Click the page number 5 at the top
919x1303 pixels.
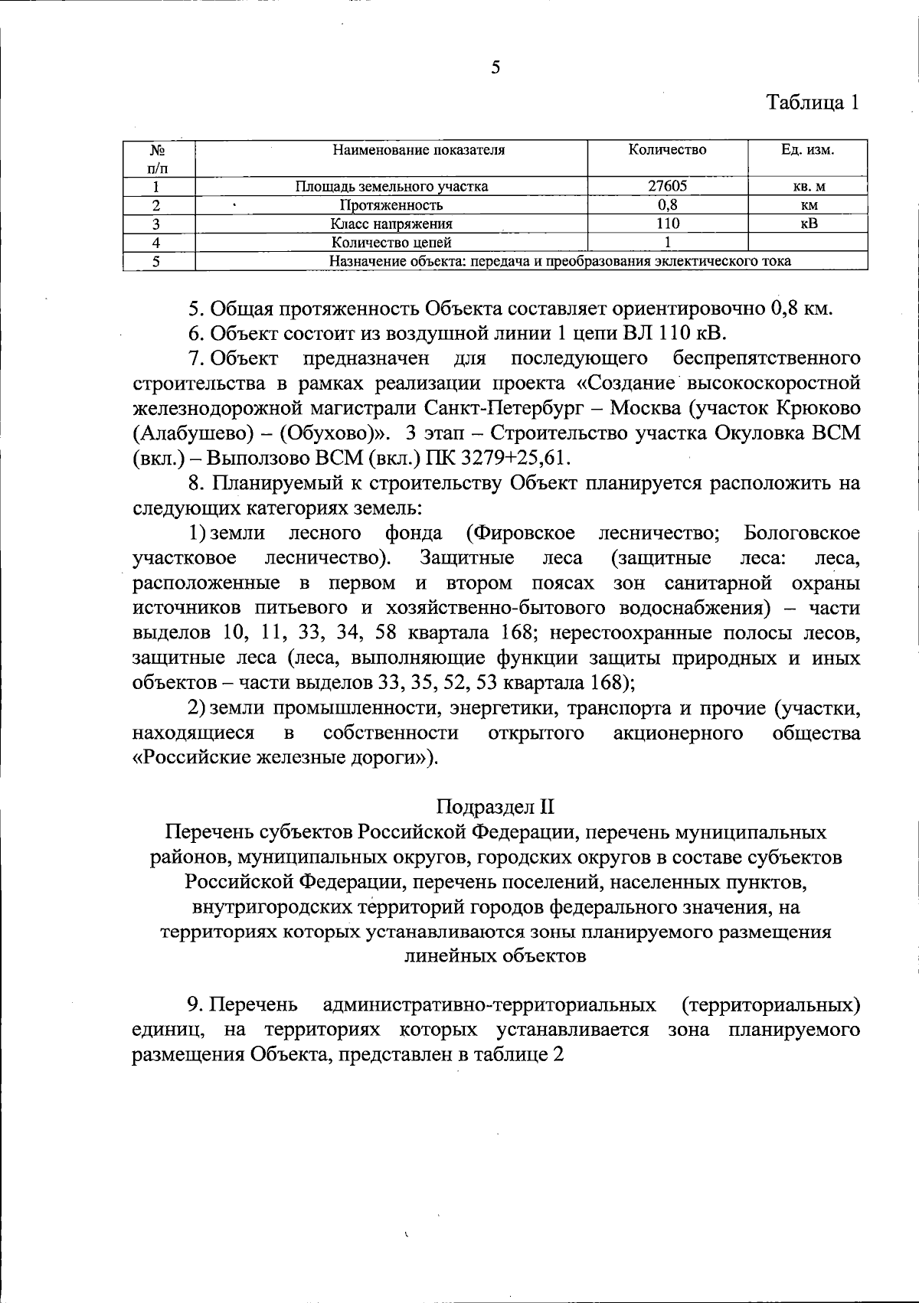tap(495, 67)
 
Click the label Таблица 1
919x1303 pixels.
tap(813, 103)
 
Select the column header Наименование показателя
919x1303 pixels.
tap(418, 150)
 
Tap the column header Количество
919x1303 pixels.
tap(667, 149)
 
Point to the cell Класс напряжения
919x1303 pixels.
tap(391, 224)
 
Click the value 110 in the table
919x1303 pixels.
tap(667, 224)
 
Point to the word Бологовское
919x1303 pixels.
tap(801, 533)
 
